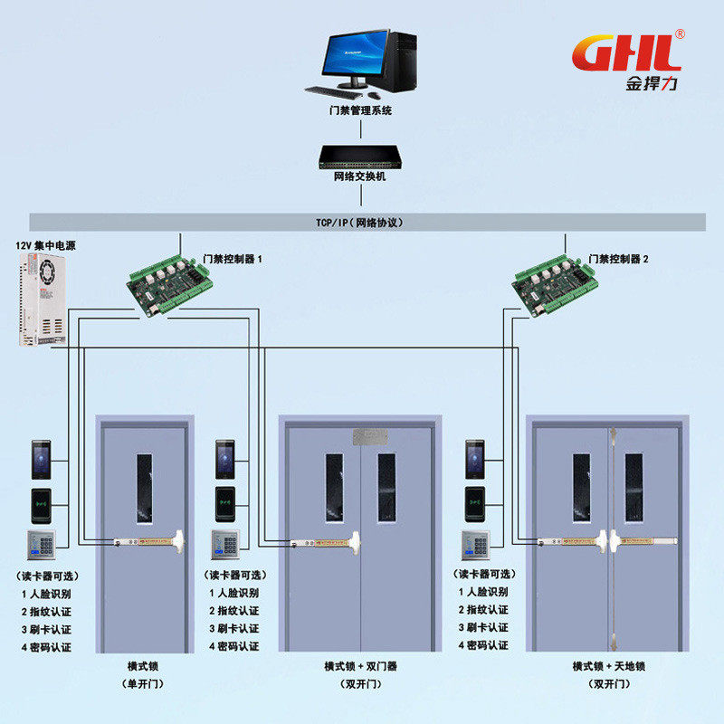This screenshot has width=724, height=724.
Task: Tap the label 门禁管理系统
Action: point(360,111)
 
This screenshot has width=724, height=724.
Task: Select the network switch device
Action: point(360,157)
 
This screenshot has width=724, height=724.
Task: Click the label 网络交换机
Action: point(360,176)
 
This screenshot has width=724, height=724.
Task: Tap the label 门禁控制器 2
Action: point(618,259)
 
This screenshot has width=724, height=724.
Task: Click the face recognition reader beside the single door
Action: point(42,459)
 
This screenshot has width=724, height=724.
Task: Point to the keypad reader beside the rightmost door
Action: point(474,546)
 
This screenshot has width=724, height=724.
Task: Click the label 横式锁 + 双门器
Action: point(360,666)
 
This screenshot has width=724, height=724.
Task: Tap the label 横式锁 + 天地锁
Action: point(608,666)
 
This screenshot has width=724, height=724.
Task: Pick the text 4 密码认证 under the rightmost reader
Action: point(482,645)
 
